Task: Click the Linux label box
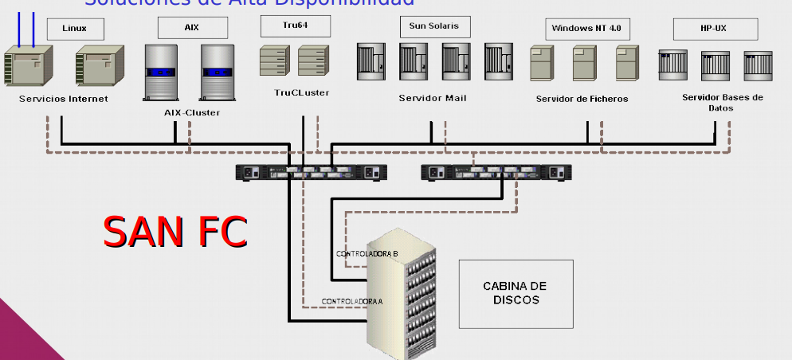[x=74, y=29]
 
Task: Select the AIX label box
[x=192, y=28]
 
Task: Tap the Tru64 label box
[x=284, y=26]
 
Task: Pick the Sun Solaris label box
[x=434, y=26]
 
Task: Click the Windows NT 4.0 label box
[x=587, y=29]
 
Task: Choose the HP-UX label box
[x=714, y=29]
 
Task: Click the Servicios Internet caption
[x=64, y=100]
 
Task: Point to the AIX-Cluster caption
[x=192, y=113]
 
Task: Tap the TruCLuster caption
[x=302, y=93]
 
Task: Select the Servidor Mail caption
[x=433, y=98]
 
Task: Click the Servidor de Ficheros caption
[x=582, y=100]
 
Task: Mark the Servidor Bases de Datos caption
[x=723, y=102]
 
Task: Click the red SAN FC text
[x=175, y=232]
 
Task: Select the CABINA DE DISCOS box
[x=516, y=293]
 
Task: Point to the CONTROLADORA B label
[x=367, y=253]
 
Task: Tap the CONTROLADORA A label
[x=352, y=301]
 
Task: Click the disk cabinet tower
[x=405, y=299]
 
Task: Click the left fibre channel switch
[x=312, y=172]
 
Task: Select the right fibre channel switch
[x=496, y=172]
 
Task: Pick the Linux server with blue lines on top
[x=29, y=71]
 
